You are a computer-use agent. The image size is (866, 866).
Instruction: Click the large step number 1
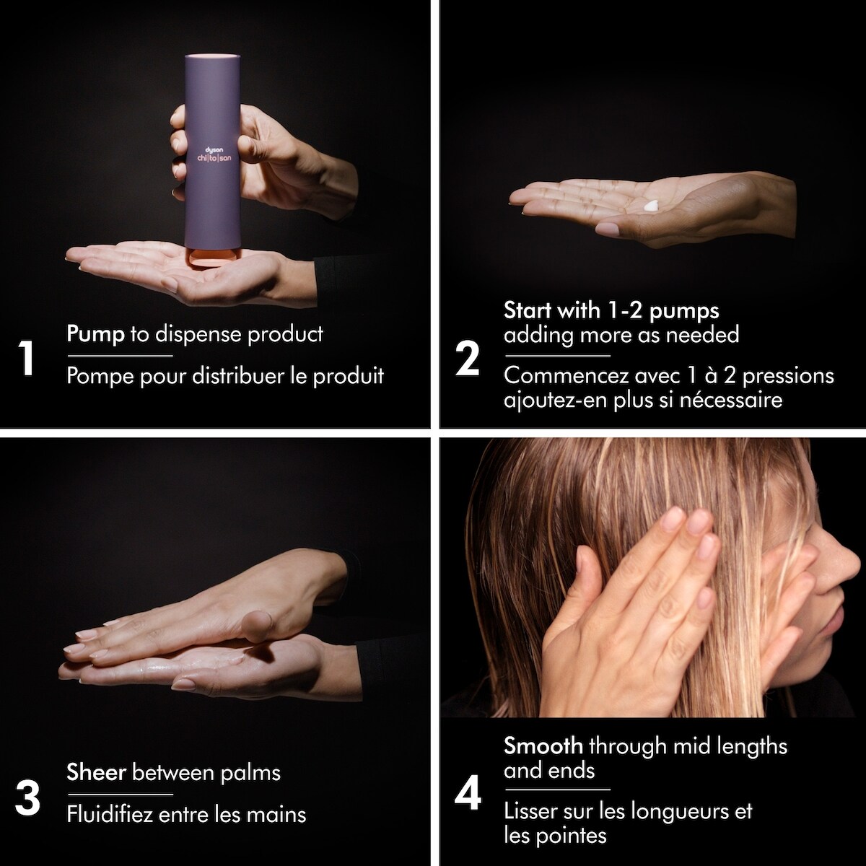click(27, 358)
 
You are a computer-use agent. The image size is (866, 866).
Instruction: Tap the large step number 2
click(467, 358)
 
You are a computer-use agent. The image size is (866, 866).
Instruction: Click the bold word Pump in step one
click(96, 334)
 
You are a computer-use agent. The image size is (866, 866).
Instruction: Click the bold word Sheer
click(96, 772)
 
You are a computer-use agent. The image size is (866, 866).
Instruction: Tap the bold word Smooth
click(543, 746)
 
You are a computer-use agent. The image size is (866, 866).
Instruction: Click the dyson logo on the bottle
click(214, 149)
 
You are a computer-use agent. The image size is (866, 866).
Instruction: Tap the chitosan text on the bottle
click(214, 158)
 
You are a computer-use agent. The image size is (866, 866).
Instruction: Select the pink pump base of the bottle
click(211, 259)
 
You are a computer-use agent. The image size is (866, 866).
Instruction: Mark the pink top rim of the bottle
click(212, 56)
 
